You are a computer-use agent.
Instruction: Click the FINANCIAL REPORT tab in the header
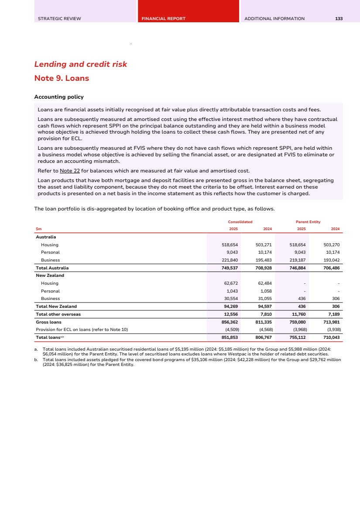coord(163,19)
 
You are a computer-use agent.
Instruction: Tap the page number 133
coord(339,19)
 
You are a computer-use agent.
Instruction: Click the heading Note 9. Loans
coord(62,79)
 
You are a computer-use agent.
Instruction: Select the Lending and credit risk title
coord(81,64)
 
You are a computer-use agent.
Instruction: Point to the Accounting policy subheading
coord(59,96)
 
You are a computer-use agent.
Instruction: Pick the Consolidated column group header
coord(241,222)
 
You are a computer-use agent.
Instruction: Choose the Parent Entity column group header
coord(308,222)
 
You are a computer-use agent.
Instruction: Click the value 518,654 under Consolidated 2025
coord(230,245)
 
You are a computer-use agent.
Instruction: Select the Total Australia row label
coord(52,268)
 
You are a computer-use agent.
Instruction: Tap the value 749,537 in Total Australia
coord(230,268)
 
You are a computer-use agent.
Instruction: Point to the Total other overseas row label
coord(58,314)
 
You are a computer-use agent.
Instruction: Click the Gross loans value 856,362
coord(230,322)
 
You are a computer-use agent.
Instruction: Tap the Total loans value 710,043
coord(331,338)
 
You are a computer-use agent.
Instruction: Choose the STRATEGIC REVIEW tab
coord(59,19)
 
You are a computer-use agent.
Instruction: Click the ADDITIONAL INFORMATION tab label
coord(274,19)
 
